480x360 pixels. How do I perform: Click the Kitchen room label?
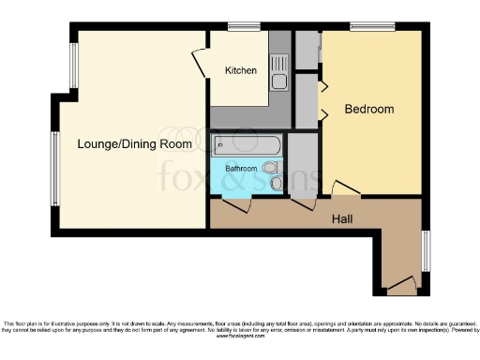tap(241, 70)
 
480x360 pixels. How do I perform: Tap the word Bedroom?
tap(368, 110)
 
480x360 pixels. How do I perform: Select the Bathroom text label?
tap(241, 169)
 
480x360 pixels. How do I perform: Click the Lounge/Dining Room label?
tap(135, 144)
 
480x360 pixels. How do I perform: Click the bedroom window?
tap(365, 25)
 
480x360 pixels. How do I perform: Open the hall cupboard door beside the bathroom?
tap(303, 204)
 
